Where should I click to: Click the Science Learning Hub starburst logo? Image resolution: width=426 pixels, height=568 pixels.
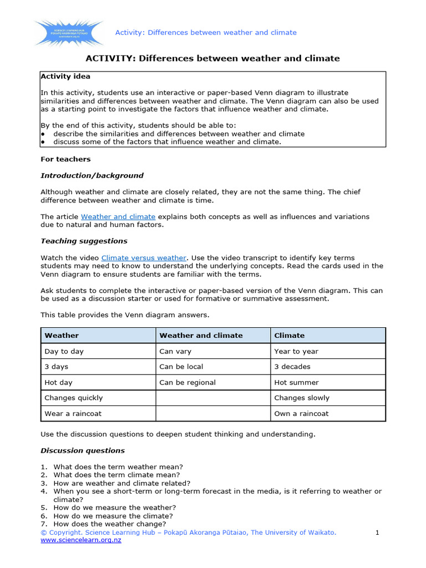coord(68,33)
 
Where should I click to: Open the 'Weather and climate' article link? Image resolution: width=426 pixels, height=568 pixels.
coord(118,216)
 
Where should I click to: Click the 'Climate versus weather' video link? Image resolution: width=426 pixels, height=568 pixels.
coord(144,257)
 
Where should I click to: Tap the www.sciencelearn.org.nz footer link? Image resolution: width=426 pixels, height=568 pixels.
coord(81,540)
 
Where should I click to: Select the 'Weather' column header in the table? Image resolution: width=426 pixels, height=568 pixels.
coord(62,336)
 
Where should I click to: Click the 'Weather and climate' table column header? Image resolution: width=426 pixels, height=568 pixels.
coord(201,336)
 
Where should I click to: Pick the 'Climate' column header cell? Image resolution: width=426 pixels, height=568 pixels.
coord(290,336)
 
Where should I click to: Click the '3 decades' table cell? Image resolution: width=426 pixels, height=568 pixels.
coord(292,367)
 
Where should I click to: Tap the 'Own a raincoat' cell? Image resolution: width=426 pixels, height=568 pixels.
coord(301,413)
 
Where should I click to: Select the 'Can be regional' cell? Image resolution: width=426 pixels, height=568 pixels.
coord(187,382)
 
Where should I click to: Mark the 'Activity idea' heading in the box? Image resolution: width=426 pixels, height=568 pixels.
coord(65,77)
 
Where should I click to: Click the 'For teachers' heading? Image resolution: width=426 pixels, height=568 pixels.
coord(65,159)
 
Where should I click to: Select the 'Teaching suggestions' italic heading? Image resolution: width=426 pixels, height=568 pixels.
coord(84,241)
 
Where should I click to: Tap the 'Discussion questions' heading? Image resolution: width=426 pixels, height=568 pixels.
coord(83,450)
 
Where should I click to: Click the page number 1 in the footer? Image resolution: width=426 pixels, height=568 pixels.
coord(377,532)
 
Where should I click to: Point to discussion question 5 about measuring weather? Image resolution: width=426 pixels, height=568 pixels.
coord(114,508)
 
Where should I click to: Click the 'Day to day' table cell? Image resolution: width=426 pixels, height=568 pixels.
coord(64,351)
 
